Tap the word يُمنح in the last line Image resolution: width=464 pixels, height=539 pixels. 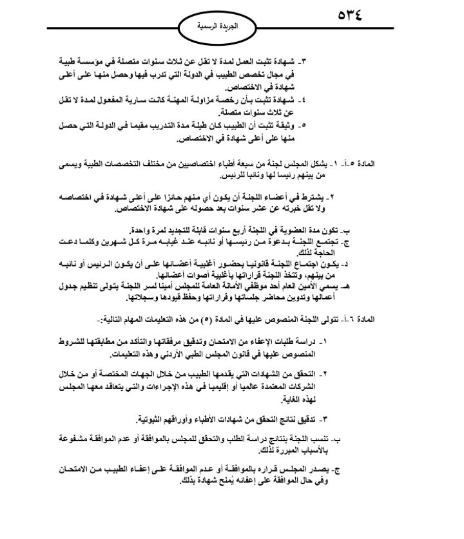[x=229, y=483]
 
